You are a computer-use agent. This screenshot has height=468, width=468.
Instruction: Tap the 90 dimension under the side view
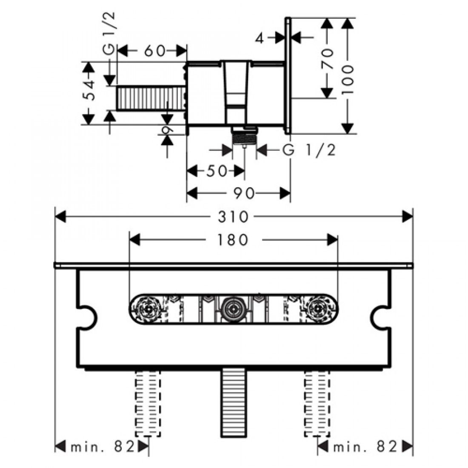click(x=244, y=194)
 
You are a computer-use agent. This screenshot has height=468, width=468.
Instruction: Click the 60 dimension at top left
click(x=154, y=51)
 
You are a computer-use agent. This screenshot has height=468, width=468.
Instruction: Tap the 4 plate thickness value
click(x=261, y=38)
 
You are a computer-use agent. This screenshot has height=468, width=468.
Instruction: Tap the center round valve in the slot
click(x=232, y=306)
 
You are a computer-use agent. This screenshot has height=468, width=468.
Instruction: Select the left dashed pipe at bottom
click(x=148, y=402)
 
